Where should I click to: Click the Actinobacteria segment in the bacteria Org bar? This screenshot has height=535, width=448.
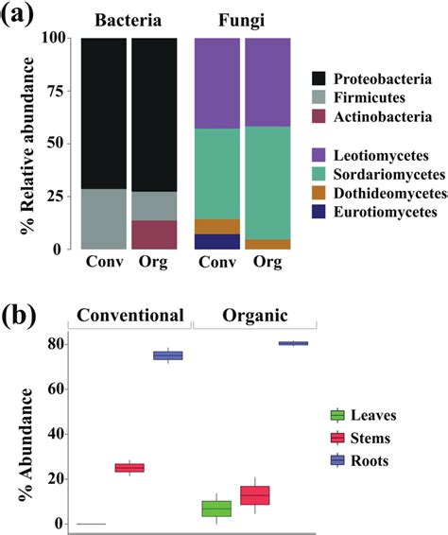coord(153,234)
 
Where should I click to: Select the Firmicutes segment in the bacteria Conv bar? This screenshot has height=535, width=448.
coord(104,218)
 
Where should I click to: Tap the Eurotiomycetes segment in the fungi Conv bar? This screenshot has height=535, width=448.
coord(217,241)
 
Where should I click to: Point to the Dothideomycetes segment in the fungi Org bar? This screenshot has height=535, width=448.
coord(267,244)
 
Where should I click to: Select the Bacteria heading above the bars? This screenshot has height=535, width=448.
coord(129,18)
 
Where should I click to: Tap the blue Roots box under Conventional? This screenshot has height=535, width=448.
coord(168,355)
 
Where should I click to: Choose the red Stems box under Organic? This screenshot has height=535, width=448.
coord(255,495)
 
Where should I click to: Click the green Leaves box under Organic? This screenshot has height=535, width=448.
coord(217,509)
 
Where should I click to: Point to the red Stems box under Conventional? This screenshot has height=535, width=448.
coord(129,467)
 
